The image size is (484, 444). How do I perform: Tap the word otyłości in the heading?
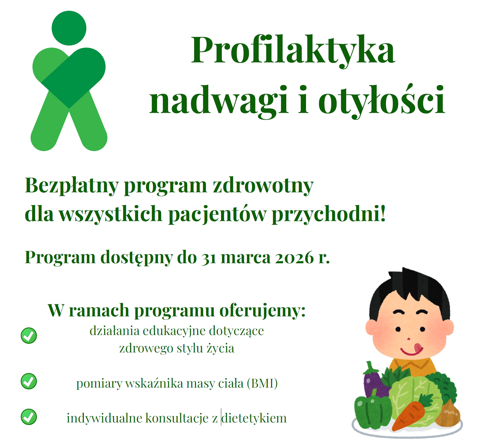pos(382,100)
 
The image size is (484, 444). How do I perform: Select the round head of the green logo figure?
pos(69,28)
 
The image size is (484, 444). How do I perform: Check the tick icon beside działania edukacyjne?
pos(29,336)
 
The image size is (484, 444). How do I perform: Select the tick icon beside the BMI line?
pos(29,381)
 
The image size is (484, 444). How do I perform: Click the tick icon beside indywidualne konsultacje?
pos(29,417)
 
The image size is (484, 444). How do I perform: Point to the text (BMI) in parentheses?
pos(262,384)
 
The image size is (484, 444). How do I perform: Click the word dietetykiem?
pos(254,418)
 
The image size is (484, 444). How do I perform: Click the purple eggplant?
pos(375,381)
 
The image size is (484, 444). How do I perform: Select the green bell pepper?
pos(373,411)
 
